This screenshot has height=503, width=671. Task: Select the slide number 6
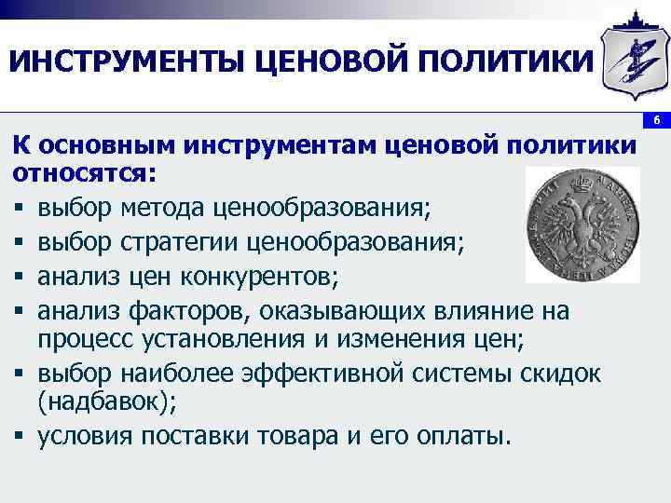pyautogui.click(x=656, y=122)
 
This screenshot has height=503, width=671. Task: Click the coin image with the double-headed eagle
pyautogui.click(x=582, y=224)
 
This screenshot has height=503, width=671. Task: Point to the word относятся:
pyautogui.click(x=85, y=174)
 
